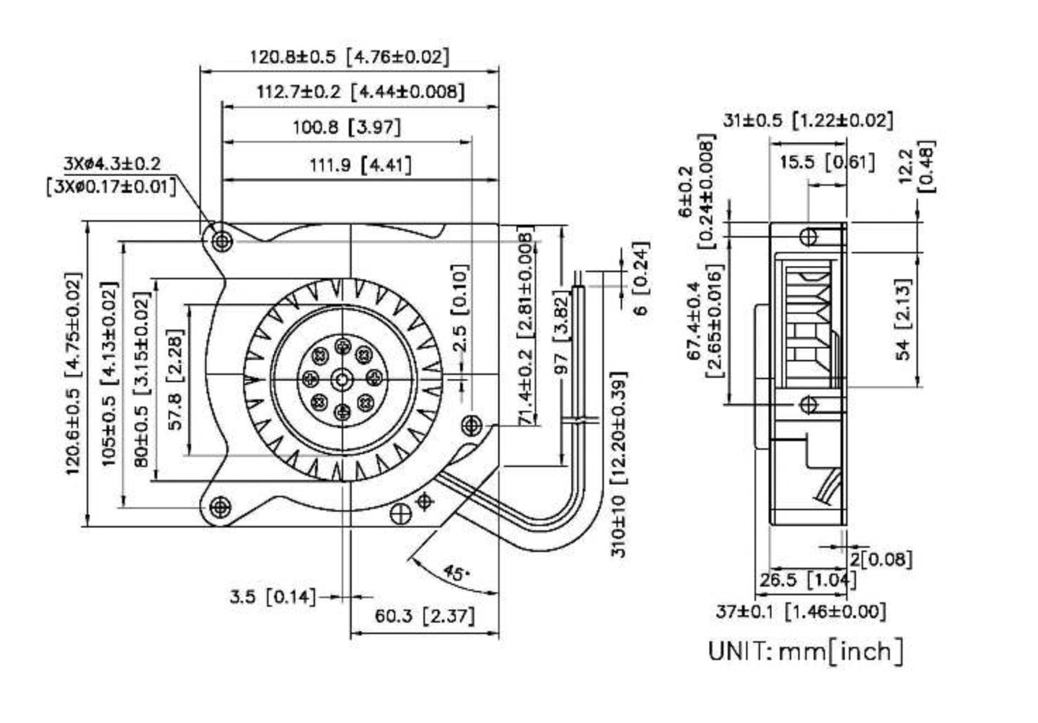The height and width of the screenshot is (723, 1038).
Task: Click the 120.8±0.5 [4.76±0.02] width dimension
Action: click(x=350, y=57)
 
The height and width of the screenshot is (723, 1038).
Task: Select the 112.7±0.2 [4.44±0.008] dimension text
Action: click(x=360, y=92)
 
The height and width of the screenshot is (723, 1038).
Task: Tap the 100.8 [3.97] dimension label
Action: click(x=347, y=127)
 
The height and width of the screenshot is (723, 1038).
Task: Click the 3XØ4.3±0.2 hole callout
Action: click(x=112, y=163)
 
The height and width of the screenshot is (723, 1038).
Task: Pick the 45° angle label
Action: click(x=455, y=574)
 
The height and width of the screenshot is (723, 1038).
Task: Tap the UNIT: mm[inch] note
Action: click(x=805, y=651)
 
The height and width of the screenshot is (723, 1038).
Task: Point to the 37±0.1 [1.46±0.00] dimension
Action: click(x=800, y=610)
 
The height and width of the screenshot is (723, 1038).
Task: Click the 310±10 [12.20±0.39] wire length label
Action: click(x=619, y=465)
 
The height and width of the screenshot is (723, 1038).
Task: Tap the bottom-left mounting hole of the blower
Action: click(x=220, y=505)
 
